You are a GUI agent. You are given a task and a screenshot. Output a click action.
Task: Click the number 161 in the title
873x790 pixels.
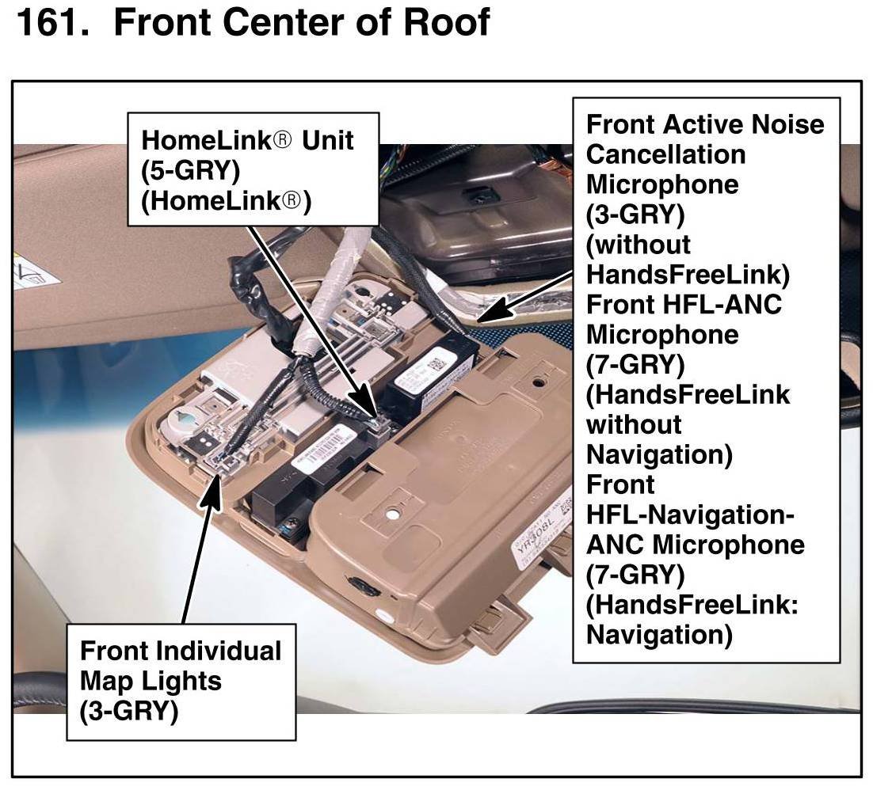[x=49, y=22]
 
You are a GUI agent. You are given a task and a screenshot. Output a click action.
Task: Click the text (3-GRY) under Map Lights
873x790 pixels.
[x=128, y=711]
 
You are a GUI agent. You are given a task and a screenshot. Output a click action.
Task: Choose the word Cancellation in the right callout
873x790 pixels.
[x=665, y=154]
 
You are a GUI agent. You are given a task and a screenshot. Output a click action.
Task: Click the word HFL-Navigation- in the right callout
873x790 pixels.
[x=689, y=515]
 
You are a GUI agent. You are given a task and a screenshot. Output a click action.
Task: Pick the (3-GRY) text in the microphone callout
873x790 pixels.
[x=635, y=215]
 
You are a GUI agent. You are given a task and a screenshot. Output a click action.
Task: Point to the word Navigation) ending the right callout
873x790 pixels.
[x=658, y=635]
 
